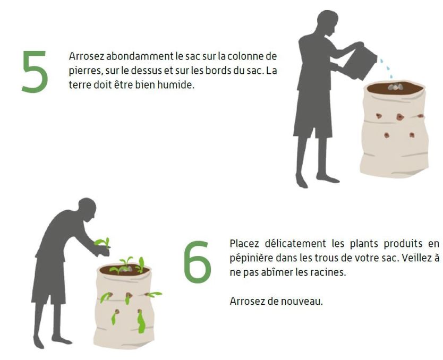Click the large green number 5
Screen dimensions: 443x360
[35, 72]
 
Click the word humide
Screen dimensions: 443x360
[176, 85]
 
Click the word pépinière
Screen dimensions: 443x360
[251, 259]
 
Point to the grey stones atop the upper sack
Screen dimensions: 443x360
[395, 87]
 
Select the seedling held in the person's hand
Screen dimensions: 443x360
[103, 243]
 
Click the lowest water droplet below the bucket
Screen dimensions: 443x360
[391, 76]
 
